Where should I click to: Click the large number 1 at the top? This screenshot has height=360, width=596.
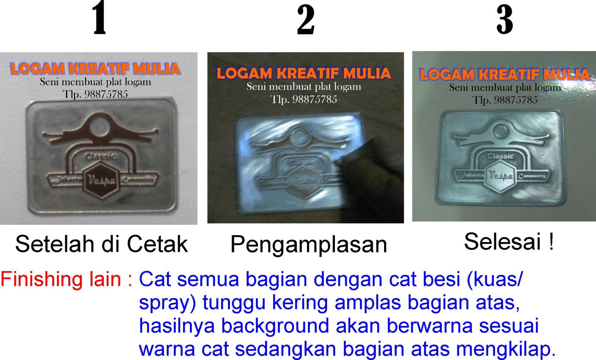pos(99,19)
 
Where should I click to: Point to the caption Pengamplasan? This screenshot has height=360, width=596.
pos(309,245)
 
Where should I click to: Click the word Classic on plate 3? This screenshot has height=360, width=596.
pos(500,156)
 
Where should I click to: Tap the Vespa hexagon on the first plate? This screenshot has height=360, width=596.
pos(101,180)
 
